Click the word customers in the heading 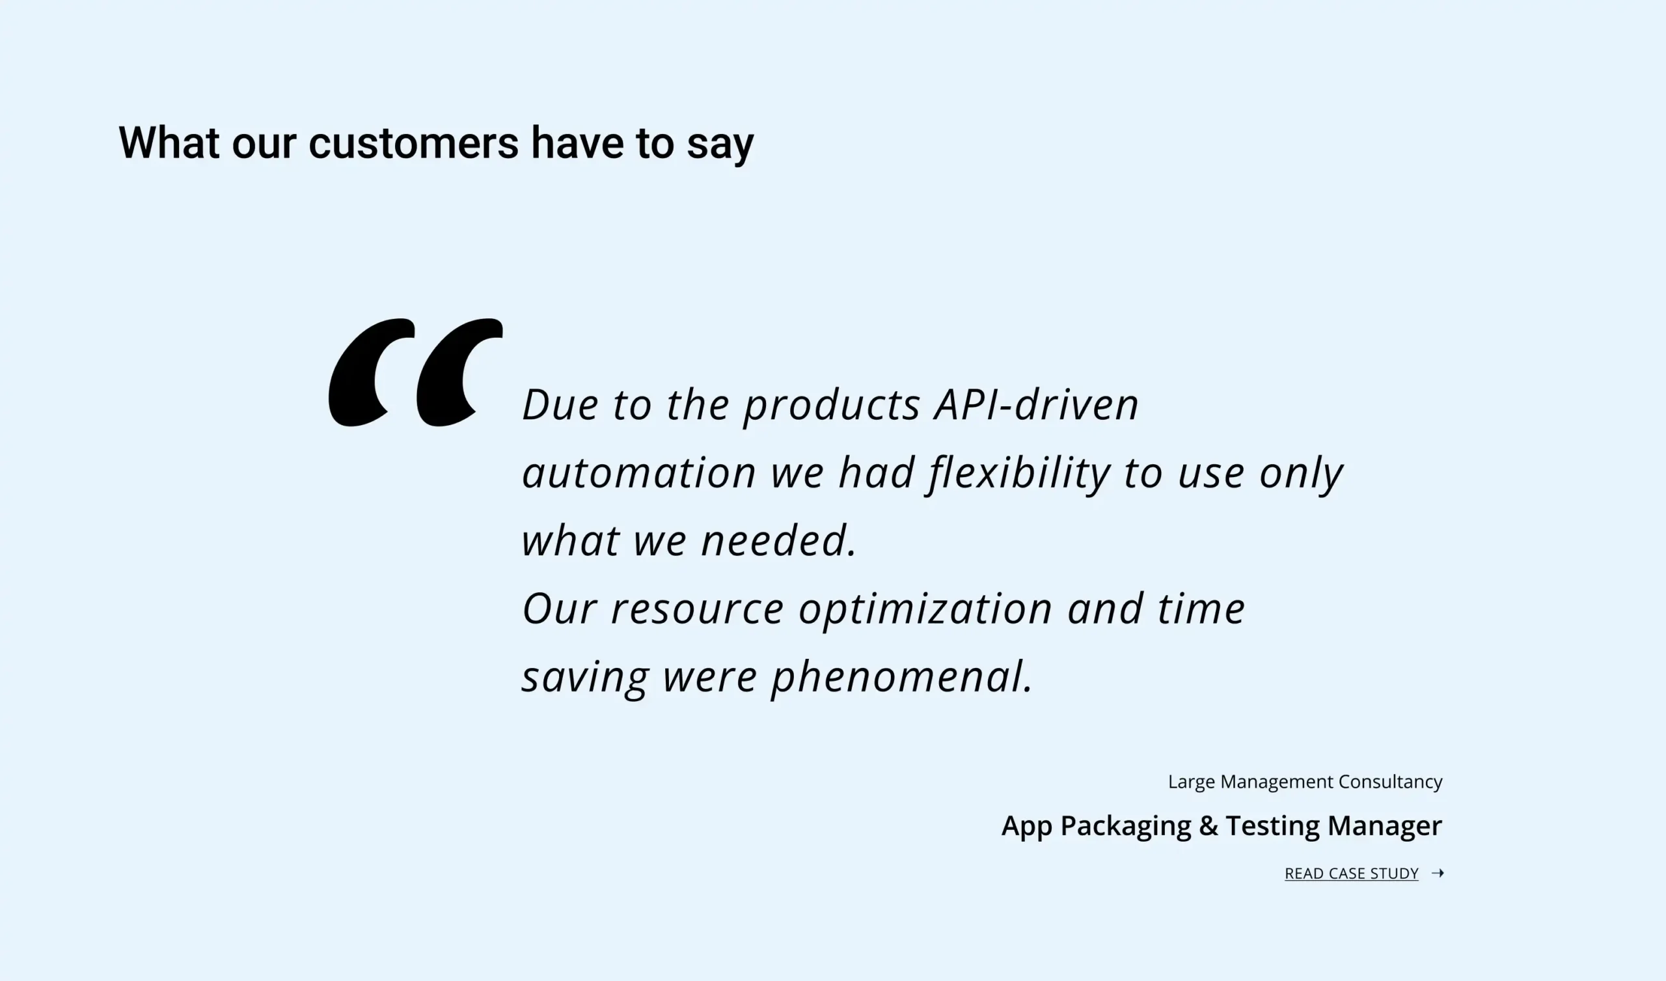[x=414, y=143]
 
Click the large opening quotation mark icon [x=415, y=372]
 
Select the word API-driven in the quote [x=1036, y=404]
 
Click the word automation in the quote [x=638, y=474]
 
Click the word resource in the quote [x=698, y=610]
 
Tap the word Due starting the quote [x=560, y=405]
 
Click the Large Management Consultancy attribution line [x=1305, y=782]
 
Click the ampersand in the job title [x=1209, y=825]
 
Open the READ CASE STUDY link [x=1351, y=874]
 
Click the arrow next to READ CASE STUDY [x=1438, y=874]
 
